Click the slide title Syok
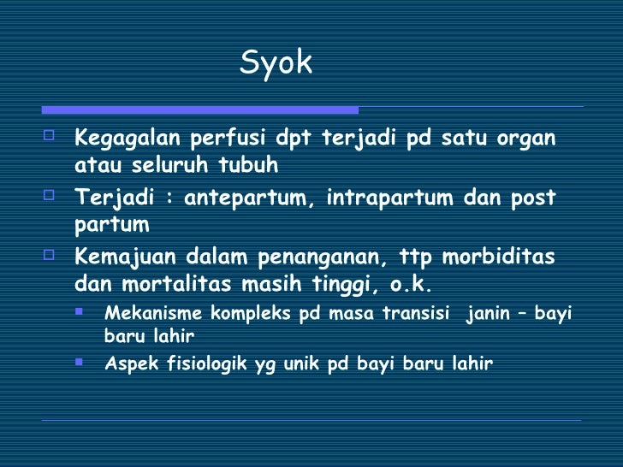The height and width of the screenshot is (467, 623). pyautogui.click(x=276, y=62)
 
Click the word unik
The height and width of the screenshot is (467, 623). pyautogui.click(x=294, y=364)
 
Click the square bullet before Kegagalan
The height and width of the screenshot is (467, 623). pyautogui.click(x=49, y=135)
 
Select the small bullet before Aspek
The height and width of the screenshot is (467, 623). pyautogui.click(x=79, y=362)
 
